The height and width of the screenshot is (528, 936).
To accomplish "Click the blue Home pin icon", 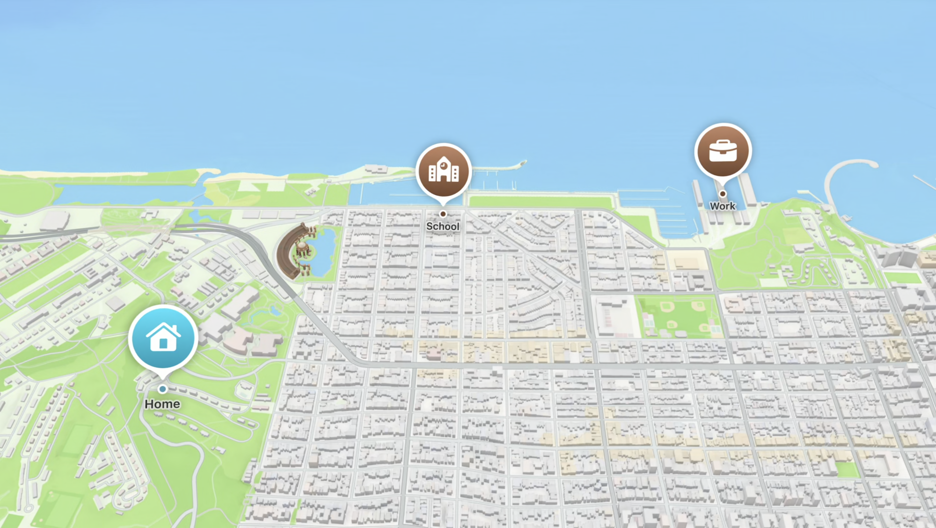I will coord(163,337).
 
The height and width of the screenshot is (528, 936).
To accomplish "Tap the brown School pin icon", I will coord(443,171).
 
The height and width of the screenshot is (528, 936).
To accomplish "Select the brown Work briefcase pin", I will coord(723,151).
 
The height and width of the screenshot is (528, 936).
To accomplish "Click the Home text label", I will coord(162,404).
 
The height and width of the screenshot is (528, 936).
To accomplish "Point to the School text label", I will coord(443,226).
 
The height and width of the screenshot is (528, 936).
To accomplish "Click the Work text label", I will coord(723,206).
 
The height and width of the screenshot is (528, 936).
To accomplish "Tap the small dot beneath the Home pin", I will coord(162,389).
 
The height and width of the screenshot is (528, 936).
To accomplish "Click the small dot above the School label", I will coord(443,214).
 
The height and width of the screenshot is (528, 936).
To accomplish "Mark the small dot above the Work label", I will coord(723,193).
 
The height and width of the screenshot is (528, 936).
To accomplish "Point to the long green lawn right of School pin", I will coord(541,201).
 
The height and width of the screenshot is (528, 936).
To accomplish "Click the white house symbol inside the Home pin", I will coord(163,337).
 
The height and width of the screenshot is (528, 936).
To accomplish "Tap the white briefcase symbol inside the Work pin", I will coord(723,151).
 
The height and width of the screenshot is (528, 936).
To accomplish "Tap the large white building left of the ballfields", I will coord(613,316).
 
